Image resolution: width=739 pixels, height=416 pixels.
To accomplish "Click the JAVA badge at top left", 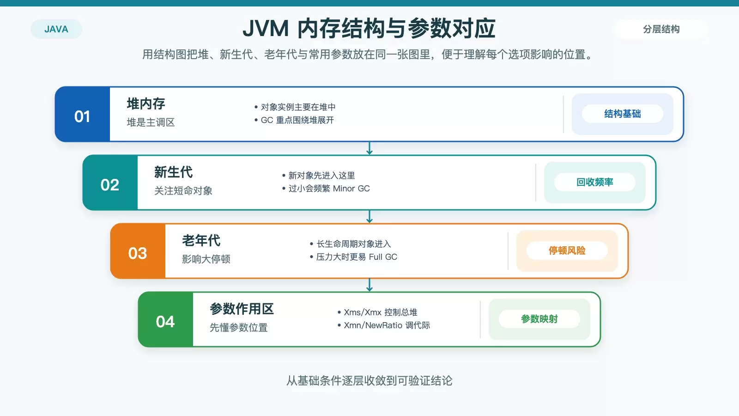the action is pos(56,29).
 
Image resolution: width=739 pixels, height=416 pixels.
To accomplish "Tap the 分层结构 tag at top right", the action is pos(661,29).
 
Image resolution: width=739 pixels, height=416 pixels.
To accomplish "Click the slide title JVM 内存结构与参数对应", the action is pos(369,28).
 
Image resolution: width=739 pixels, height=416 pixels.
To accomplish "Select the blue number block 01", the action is pos(83,114).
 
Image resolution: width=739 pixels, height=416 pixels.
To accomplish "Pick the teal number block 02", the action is pos(110,183).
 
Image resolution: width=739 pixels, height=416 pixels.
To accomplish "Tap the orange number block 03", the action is pos(138,251).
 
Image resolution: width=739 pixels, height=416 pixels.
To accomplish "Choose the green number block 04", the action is pos(166,319).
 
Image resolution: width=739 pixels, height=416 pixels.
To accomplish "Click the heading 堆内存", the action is pos(146,104).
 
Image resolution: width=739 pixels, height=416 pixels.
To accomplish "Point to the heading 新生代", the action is pos(174,172).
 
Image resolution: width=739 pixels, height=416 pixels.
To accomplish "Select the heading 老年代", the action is pos(201,240).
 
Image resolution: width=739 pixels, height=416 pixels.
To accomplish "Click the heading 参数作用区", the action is pos(242,309).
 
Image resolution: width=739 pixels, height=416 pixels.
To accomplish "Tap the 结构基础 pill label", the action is pos(623,114).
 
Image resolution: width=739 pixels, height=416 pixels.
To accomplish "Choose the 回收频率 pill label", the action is pos(595,182).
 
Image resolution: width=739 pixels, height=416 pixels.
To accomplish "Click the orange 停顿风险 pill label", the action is pos(567,251).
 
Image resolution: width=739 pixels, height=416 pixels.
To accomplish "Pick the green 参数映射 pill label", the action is pos(539,319).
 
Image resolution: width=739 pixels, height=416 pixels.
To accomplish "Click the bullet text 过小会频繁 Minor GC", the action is pos(329,189).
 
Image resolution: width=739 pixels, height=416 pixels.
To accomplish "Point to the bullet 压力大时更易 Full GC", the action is pos(357,257).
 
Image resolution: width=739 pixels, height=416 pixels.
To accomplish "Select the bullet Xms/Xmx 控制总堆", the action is pos(381,312).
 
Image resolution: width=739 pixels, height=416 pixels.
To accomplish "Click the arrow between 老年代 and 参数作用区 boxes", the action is pos(369,285).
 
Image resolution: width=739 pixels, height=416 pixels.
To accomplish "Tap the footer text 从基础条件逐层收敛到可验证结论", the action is pos(369,381).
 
